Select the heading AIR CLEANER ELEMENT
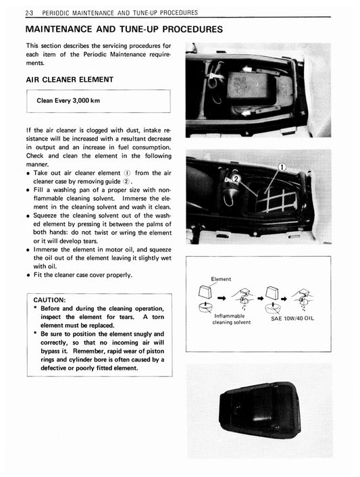pos(69,80)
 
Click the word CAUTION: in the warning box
pos(49,299)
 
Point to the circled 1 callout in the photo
pos(283,168)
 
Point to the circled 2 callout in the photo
pos(236,179)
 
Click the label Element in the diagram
pos(221,278)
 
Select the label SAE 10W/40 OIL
pos(292,318)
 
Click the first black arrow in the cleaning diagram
pos(222,296)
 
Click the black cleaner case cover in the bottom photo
pos(259,410)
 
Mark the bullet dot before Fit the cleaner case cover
pos(28,275)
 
